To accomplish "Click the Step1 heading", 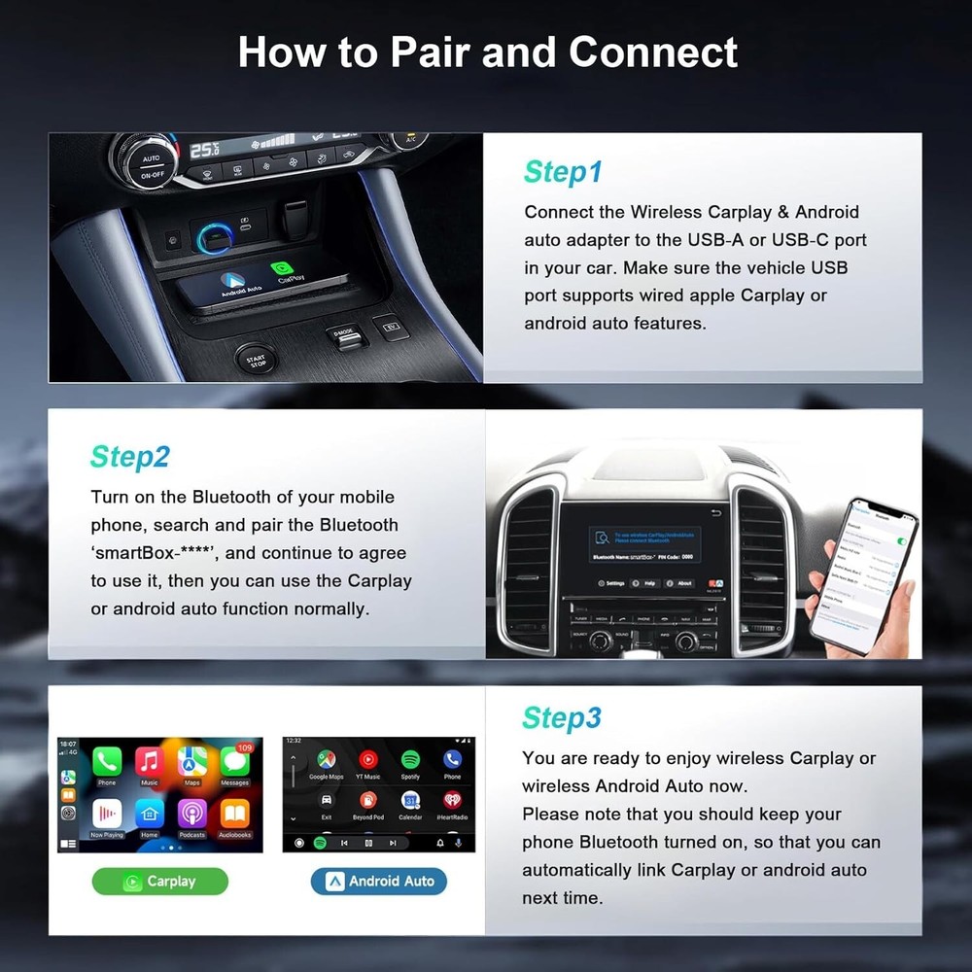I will pos(563,172).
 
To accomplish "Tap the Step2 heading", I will pos(130,456).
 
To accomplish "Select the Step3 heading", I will pos(561,718).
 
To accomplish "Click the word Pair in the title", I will pos(428,52).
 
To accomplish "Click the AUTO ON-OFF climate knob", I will pos(151,164).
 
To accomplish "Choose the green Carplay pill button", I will pos(160,882).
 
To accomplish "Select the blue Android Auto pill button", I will pos(379,882).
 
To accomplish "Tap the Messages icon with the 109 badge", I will pos(234,763).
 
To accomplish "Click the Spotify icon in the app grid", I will pos(410,760).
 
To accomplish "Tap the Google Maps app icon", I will pos(326,760).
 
